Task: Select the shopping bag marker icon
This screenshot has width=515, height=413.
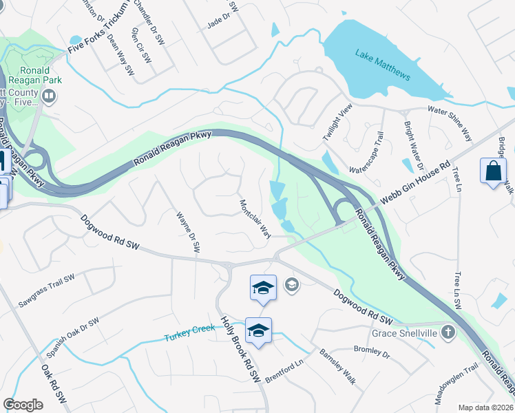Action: (494, 171)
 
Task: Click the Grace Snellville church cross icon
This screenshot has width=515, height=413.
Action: (448, 333)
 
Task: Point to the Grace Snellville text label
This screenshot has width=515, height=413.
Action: (405, 333)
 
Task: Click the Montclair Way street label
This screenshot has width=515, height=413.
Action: (254, 219)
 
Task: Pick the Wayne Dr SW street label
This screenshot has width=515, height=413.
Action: (188, 230)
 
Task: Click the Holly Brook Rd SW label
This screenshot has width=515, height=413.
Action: (239, 349)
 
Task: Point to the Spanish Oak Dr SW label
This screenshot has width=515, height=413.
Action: (73, 337)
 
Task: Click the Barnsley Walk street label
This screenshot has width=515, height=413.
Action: (337, 366)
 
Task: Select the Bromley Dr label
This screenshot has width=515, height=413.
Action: (371, 352)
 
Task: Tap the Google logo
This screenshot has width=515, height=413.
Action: (23, 405)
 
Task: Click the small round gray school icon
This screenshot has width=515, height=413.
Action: (292, 284)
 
